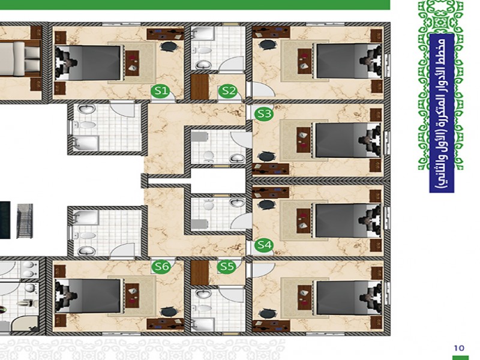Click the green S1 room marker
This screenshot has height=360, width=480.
pos(161,91)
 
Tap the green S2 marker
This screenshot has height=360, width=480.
pos(229,91)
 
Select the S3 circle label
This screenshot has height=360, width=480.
pos(264,113)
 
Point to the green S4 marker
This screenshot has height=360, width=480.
pos(264,245)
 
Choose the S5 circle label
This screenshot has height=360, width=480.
pos(227,266)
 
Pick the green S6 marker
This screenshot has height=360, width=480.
pos(161,266)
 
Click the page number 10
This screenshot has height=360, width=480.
pos(459,348)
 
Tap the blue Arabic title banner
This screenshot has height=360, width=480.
pos(442,113)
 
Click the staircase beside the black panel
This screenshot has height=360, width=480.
pos(25,221)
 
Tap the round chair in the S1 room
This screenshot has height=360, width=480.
pos(169,46)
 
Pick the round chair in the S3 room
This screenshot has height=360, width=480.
pos(266,157)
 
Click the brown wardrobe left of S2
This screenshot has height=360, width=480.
pos(200,87)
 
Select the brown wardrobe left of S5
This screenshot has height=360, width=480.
pos(200,272)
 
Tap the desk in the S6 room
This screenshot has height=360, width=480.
pos(166,324)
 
